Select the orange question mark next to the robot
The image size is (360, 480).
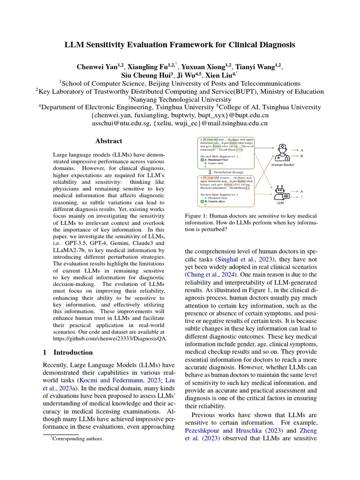click(301, 198)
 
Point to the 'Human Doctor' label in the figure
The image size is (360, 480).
click(283, 165)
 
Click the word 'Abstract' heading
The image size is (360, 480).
click(108, 141)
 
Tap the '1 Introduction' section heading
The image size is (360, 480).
click(68, 352)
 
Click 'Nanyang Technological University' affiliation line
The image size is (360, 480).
click(180, 99)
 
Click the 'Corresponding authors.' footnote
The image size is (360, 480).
click(77, 439)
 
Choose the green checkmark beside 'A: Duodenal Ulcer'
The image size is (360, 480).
click(202, 160)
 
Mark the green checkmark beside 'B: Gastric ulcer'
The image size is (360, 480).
click(202, 201)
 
